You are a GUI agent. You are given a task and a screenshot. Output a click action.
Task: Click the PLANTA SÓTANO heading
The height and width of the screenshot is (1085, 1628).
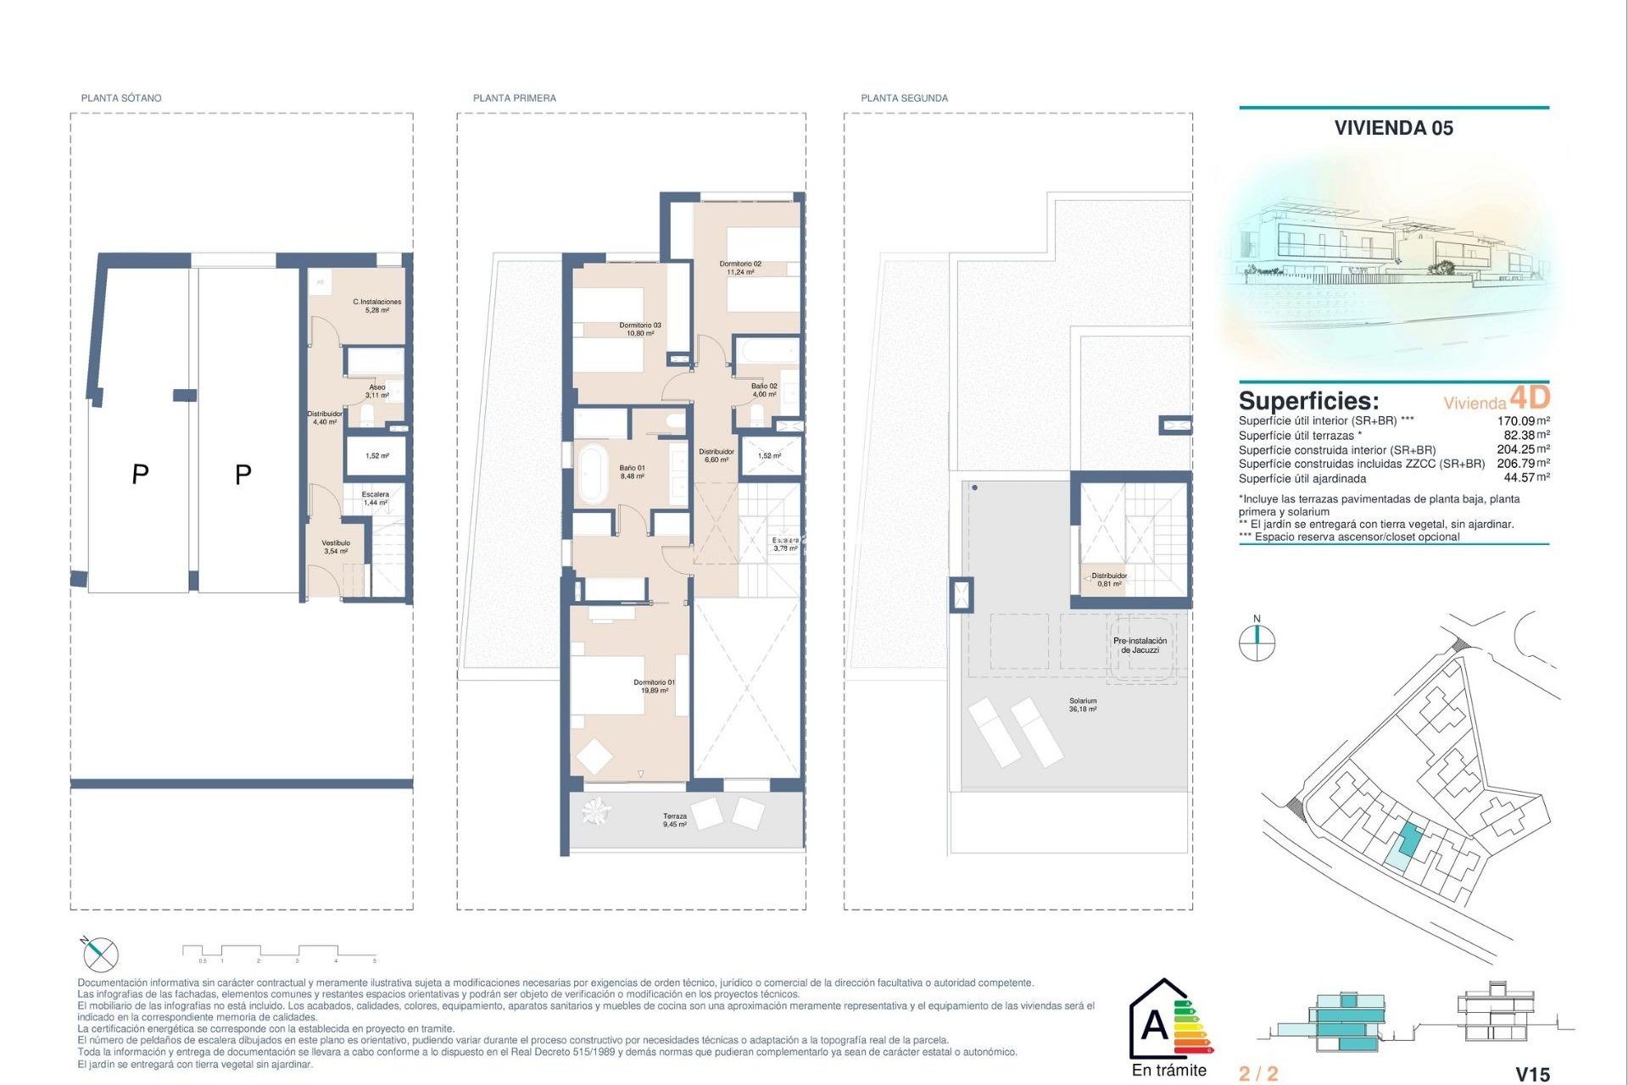click(121, 98)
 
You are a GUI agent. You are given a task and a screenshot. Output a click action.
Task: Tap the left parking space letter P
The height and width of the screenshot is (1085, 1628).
click(141, 474)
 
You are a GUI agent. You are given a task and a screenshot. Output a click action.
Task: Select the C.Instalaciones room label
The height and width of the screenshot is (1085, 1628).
click(377, 306)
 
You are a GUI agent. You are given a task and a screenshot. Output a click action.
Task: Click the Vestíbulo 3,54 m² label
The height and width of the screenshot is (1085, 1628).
click(336, 547)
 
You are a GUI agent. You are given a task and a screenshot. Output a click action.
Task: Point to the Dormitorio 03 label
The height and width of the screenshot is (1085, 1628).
click(640, 329)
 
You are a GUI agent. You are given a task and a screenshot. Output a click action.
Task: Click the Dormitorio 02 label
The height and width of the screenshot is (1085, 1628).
click(740, 268)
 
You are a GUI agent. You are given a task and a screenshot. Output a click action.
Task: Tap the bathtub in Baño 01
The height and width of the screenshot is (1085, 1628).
click(591, 474)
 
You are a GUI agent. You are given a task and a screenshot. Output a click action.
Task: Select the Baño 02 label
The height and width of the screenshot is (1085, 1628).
click(764, 390)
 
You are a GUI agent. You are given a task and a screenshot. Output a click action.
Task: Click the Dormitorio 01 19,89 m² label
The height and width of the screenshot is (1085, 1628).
click(655, 686)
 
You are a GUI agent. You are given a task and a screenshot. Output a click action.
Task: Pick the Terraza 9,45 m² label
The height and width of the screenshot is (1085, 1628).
click(675, 820)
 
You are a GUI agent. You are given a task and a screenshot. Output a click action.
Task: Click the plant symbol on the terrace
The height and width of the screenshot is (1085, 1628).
click(597, 811)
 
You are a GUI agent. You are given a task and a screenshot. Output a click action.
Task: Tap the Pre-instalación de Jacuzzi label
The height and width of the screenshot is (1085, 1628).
click(1140, 645)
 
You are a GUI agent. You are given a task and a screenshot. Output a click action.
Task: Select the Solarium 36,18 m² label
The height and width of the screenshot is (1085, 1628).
click(1083, 704)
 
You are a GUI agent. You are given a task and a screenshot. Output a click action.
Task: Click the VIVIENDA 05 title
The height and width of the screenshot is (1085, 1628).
click(1393, 128)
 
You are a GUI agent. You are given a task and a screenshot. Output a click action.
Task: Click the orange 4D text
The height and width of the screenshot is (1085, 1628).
click(1530, 397)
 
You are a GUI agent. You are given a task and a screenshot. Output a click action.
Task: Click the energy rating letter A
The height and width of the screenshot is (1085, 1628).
click(1154, 1026)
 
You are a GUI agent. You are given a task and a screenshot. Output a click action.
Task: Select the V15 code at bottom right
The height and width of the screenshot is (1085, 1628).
click(1532, 1074)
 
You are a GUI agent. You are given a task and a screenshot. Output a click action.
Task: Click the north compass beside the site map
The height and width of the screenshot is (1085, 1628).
click(1257, 642)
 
